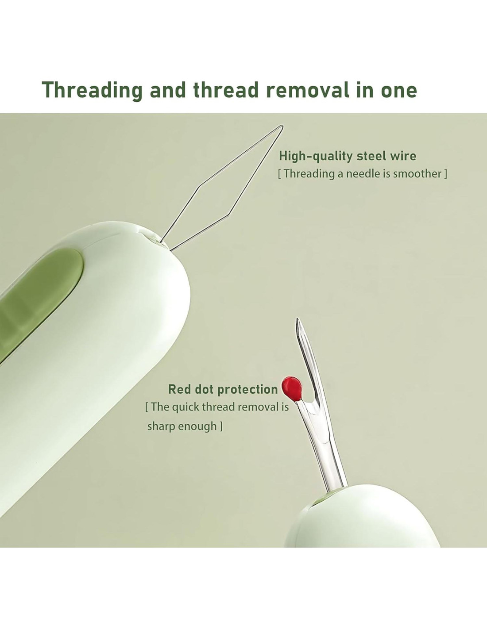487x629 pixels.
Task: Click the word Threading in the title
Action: [93, 91]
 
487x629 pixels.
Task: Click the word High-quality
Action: [315, 157]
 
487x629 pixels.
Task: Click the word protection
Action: [247, 390]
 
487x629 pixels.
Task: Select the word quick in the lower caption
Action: [186, 407]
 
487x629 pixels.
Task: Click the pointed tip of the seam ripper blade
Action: [297, 318]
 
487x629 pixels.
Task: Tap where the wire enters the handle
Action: [165, 246]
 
